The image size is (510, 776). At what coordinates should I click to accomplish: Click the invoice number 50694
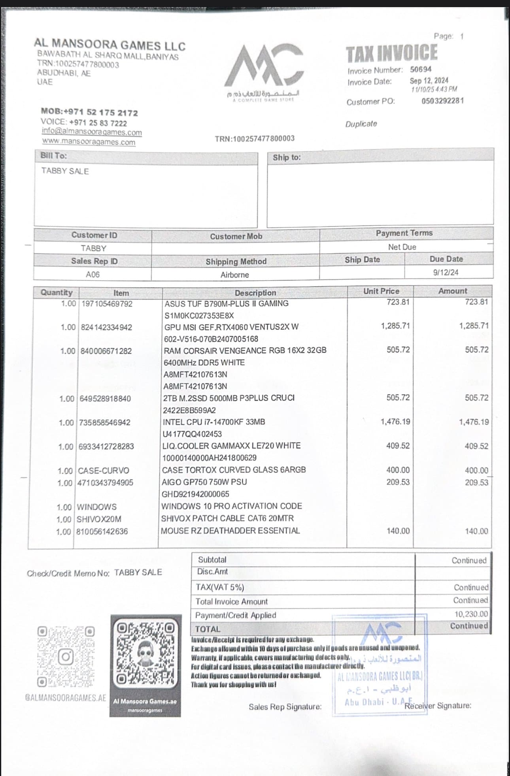(421, 70)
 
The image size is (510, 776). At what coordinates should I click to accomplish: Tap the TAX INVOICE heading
(392, 54)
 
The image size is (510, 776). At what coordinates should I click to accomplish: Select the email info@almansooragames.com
(92, 132)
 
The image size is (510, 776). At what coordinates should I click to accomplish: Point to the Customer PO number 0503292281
(442, 101)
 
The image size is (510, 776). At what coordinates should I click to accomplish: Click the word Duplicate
(361, 124)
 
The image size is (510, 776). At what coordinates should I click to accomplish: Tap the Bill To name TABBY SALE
(65, 171)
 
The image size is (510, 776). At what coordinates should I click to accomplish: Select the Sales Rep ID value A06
(93, 275)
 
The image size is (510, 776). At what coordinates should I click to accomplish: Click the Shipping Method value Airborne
(235, 275)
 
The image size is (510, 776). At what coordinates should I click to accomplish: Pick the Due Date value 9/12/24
(446, 273)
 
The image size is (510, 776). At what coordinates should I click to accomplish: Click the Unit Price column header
(381, 291)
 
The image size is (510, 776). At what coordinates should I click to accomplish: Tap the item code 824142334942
(106, 327)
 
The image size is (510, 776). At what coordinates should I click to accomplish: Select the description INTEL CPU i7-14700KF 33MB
(214, 422)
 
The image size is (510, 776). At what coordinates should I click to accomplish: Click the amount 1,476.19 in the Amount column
(474, 422)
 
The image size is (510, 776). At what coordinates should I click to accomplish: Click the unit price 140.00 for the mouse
(398, 531)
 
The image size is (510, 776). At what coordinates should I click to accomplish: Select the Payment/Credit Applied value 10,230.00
(471, 614)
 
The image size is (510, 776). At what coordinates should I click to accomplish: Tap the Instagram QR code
(66, 657)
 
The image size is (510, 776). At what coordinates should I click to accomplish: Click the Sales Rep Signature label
(285, 707)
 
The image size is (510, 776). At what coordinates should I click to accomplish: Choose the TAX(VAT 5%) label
(220, 587)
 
